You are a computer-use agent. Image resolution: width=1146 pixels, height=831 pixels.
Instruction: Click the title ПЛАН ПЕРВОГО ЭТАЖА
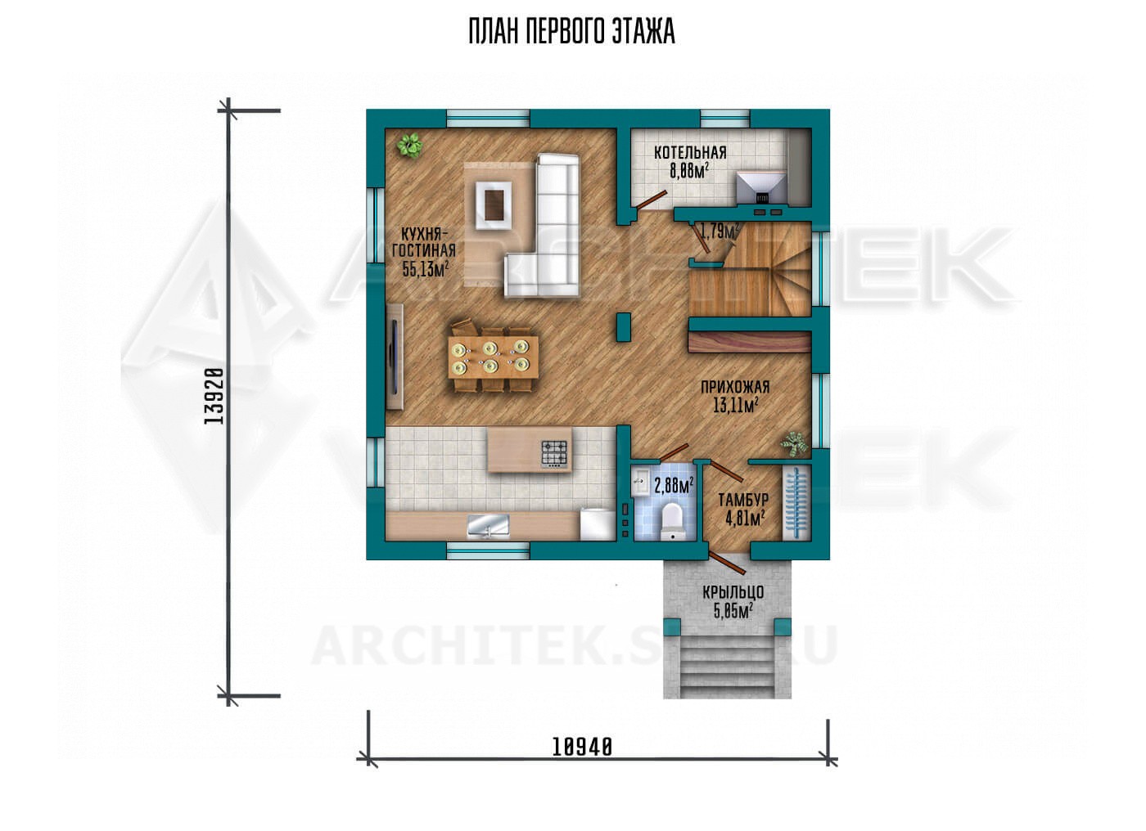[572, 32]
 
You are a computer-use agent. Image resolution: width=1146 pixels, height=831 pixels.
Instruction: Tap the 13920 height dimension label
[214, 396]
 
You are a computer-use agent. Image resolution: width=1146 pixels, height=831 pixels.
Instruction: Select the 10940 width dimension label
[582, 748]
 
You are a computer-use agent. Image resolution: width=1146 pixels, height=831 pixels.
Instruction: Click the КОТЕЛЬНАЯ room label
[690, 152]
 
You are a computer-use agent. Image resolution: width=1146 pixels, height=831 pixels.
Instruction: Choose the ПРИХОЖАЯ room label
[735, 387]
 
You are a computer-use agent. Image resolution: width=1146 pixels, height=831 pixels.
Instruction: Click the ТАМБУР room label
[743, 499]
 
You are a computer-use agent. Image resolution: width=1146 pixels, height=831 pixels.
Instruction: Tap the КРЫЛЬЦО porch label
[733, 592]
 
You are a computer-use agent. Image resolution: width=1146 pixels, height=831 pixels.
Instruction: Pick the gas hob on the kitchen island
[555, 454]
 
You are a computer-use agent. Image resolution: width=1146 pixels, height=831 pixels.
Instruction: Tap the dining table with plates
[493, 357]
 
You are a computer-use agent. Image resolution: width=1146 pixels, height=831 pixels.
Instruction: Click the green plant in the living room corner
[409, 146]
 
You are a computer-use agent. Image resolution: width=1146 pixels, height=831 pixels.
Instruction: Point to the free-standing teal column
[623, 327]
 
